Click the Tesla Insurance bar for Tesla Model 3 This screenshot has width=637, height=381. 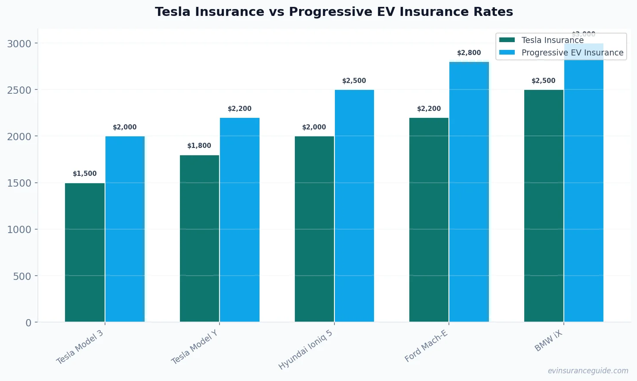click(85, 252)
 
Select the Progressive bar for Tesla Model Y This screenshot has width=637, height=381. click(240, 220)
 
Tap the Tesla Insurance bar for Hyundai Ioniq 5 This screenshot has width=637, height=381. click(314, 229)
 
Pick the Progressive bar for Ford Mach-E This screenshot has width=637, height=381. click(469, 192)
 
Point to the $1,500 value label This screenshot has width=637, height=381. click(85, 174)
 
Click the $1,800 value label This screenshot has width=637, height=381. click(199, 146)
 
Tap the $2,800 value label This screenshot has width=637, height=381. click(469, 53)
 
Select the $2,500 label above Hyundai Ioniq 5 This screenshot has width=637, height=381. click(354, 81)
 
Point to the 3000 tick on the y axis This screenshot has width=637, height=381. click(19, 43)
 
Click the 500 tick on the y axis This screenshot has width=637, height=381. click(22, 276)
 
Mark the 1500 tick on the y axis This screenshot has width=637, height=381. click(19, 183)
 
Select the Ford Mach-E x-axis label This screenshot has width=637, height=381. click(426, 346)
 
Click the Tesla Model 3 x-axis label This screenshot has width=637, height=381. click(80, 347)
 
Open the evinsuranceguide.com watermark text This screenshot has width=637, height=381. click(588, 371)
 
